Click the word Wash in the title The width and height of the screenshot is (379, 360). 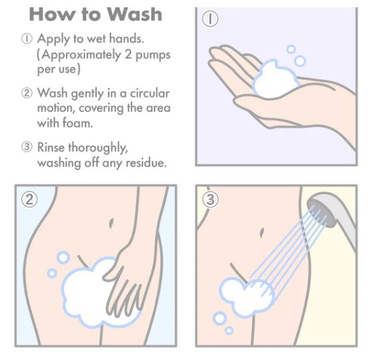134,15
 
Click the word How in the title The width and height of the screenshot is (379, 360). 51,15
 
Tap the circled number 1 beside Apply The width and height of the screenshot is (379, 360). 27,39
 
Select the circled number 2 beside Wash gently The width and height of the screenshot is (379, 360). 27,93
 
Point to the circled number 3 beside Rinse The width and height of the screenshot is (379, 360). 27,147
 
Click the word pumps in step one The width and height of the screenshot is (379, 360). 153,55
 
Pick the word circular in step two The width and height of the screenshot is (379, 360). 150,93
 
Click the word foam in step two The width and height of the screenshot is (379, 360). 77,122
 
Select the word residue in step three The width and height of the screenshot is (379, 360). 146,162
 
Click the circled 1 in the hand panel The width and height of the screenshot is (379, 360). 210,19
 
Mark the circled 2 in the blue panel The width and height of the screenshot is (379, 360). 29,200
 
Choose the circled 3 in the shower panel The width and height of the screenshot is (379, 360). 210,200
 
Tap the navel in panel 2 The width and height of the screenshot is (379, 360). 111,223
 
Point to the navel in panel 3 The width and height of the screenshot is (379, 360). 262,233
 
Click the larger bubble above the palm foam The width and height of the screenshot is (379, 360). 300,61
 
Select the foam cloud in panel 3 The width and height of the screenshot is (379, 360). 247,297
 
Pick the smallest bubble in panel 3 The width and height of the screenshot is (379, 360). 229,331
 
